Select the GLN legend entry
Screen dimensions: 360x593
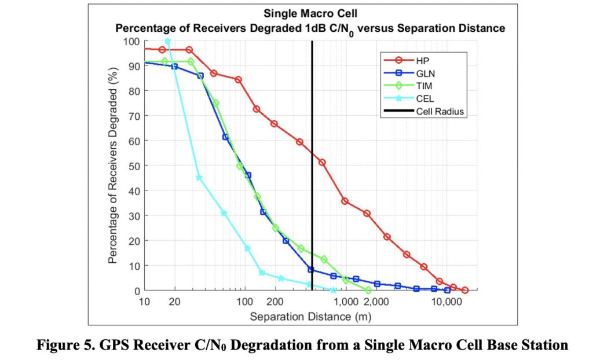426,74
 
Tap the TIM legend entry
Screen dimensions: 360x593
425,86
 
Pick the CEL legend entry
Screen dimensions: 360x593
425,99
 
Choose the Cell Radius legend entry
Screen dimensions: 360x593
440,112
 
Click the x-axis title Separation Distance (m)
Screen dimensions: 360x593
310,317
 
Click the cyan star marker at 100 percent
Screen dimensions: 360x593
168,41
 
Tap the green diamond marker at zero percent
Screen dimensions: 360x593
368,290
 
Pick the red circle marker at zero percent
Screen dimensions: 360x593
464,290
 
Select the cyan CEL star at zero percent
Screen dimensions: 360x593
333,290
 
